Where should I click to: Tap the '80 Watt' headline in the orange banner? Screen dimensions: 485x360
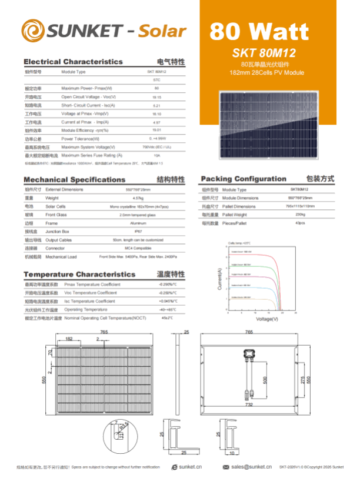(x=259, y=31)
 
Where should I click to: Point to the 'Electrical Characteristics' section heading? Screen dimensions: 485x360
(x=73, y=62)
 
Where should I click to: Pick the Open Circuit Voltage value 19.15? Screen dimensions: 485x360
(x=156, y=96)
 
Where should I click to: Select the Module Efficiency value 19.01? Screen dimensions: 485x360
(x=156, y=130)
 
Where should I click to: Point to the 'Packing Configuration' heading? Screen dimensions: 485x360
(x=244, y=179)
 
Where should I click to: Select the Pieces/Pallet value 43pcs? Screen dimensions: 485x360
(x=300, y=223)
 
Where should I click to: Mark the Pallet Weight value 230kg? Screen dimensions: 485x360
(x=300, y=215)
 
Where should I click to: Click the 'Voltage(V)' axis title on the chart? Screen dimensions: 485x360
(x=267, y=319)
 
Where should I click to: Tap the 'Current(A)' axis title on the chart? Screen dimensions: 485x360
(x=220, y=279)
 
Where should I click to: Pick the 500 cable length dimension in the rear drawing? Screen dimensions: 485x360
(x=265, y=380)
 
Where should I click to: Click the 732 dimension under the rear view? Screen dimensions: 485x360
(x=249, y=405)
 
